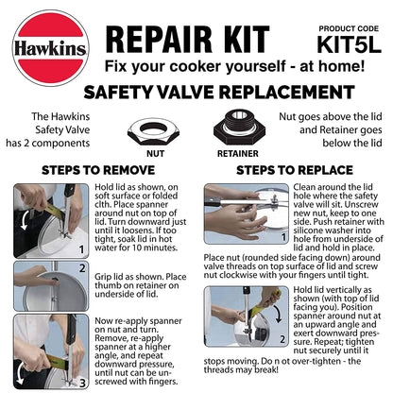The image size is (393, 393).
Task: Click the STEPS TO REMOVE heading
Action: (97, 170)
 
